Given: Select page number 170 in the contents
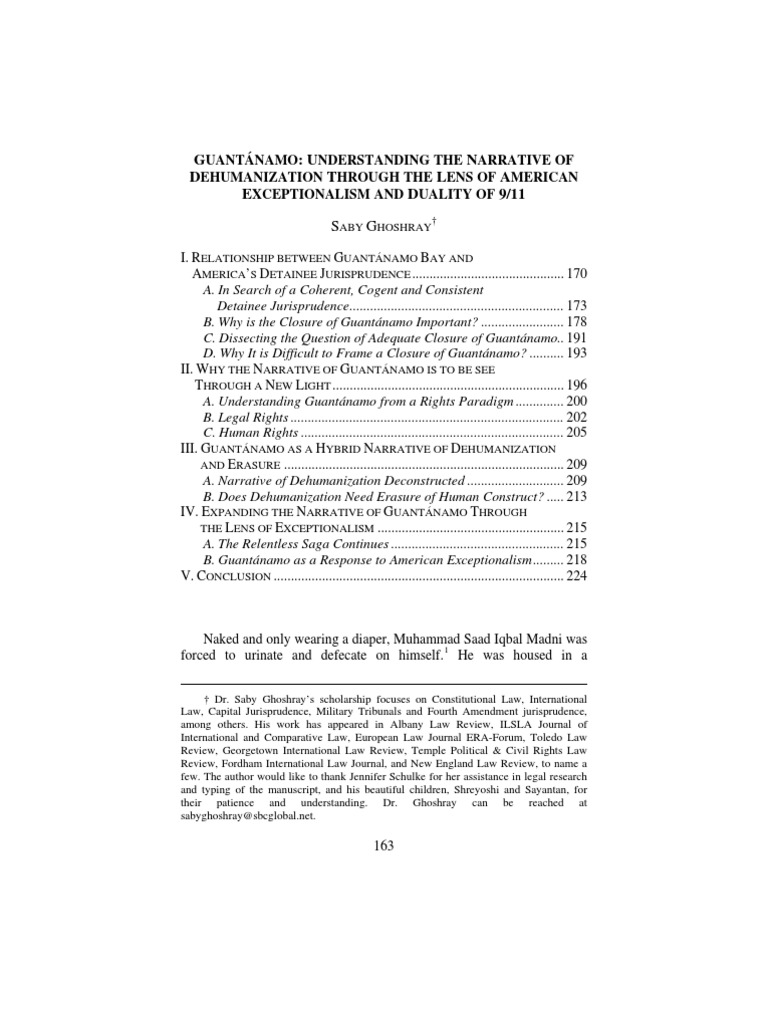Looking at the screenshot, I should (x=578, y=273).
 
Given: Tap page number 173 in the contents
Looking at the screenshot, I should (x=578, y=305).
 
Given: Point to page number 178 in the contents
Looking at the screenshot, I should (x=578, y=321).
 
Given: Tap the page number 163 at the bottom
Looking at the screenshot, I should (x=384, y=845).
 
